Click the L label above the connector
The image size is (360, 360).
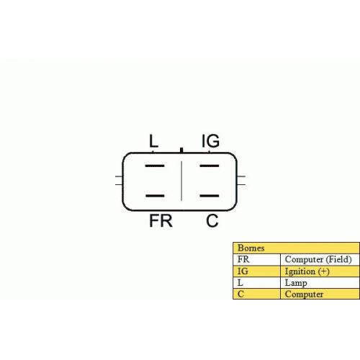pos(153,141)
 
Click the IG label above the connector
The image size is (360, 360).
pos(210,141)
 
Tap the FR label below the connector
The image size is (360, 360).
pos(161,221)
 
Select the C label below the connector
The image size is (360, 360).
pos(212,221)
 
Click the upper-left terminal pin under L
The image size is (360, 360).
pos(155,166)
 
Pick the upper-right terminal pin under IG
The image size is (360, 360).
pos(210,166)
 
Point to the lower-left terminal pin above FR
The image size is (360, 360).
pos(155,196)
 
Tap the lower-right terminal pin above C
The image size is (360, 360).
pos(210,196)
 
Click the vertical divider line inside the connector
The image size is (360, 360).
pos(181,181)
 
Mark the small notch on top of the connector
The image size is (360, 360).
pos(181,150)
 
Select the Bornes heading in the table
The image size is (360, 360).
pos(251,248)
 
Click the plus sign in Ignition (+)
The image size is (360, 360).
pos(324,271)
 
